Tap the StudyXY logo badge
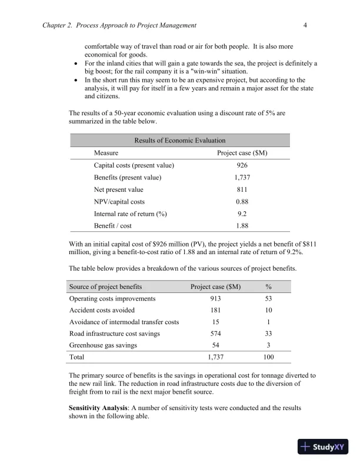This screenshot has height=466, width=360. coord(323,447)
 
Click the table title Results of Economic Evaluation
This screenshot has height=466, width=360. coord(180,140)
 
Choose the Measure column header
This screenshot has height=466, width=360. coord(106,152)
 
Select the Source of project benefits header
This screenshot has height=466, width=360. coord(105,287)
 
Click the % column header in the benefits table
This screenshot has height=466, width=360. coord(268,287)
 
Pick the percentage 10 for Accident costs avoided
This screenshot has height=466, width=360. coord(268,310)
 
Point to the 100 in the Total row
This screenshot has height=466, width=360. coord(268,357)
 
